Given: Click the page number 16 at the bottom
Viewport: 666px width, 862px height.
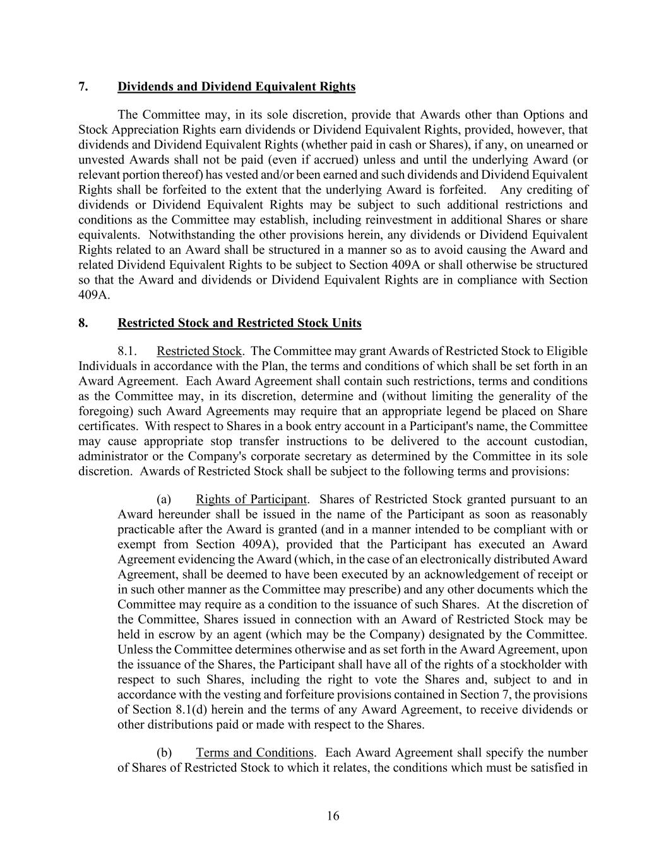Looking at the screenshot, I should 333,816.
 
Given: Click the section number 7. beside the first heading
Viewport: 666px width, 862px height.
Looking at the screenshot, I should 83,87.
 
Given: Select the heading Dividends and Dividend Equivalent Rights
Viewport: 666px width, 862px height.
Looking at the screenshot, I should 236,87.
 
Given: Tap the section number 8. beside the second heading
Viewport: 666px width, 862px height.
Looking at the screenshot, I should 83,323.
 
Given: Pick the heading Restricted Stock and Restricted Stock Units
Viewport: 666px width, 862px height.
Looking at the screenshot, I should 239,323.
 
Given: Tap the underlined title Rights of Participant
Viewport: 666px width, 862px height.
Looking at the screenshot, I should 251,500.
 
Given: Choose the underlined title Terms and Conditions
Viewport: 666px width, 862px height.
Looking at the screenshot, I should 254,753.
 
